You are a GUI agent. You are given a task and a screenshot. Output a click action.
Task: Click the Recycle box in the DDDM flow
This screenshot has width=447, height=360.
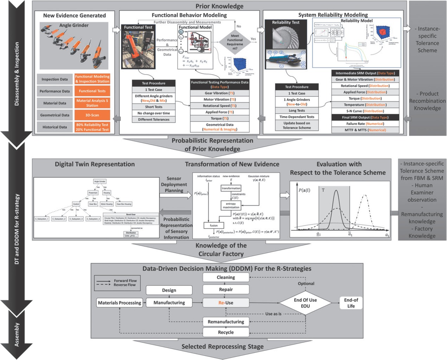point(226,332)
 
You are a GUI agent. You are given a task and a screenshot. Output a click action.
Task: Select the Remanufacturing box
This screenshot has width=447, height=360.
point(226,321)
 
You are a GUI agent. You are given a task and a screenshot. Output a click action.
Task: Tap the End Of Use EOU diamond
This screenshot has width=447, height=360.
point(305,303)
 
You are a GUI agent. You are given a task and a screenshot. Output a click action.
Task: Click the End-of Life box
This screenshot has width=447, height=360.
point(351,303)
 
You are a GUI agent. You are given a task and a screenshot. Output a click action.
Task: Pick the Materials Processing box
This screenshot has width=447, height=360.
point(120,303)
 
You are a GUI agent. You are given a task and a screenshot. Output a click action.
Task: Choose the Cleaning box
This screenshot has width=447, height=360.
point(226,277)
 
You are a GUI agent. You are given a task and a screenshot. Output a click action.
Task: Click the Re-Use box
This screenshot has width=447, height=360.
point(226,303)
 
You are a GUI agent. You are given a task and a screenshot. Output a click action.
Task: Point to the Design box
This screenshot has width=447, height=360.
point(169,290)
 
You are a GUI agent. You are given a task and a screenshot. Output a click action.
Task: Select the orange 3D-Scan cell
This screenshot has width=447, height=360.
point(92,115)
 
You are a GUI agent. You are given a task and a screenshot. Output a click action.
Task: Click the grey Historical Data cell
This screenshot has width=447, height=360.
point(55,127)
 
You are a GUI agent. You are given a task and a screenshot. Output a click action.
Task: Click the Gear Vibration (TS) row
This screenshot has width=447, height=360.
point(219,93)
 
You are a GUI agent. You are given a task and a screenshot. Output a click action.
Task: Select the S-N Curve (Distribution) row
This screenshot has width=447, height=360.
point(365,111)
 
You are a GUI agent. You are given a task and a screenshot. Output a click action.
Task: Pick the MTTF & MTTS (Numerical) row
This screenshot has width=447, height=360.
point(365,130)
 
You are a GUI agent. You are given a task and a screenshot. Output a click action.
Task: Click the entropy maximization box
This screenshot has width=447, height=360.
point(231,205)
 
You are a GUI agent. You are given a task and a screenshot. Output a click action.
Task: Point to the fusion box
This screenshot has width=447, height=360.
point(214,225)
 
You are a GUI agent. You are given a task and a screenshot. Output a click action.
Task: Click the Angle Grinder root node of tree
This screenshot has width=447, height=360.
point(100,181)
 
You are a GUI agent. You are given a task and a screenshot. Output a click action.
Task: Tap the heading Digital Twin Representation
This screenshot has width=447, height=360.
point(95,164)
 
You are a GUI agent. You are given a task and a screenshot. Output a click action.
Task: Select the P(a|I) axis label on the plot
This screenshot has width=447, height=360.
point(305,190)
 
